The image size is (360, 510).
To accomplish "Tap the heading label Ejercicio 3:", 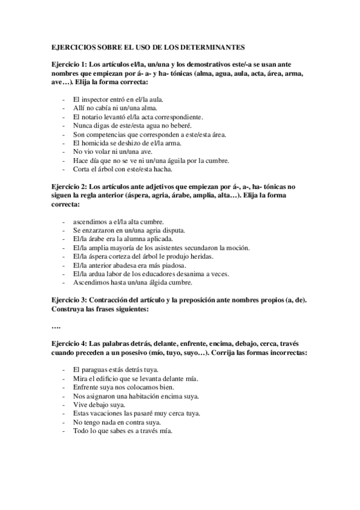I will [69, 300].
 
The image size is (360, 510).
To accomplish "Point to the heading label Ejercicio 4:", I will [69, 343].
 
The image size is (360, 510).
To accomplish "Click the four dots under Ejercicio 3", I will [56, 326].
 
